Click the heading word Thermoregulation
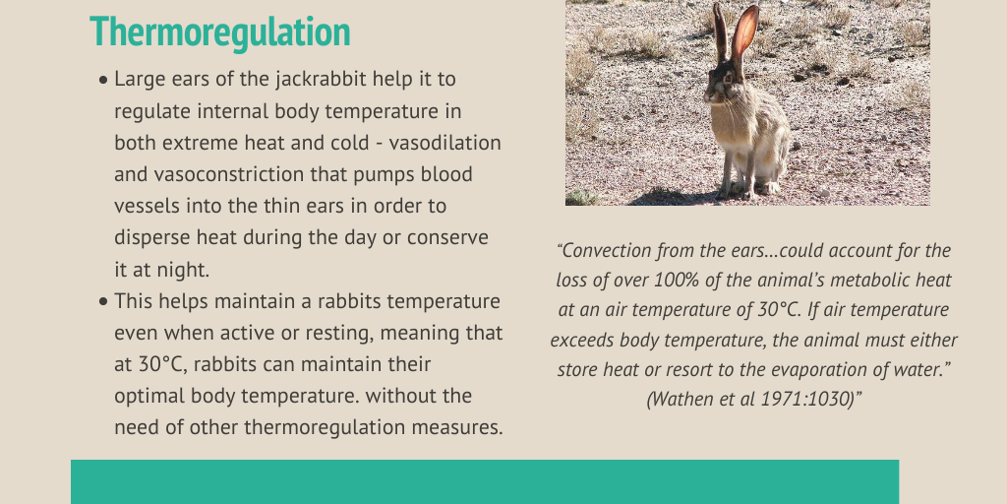pyautogui.click(x=220, y=32)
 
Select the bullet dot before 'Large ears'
pyautogui.click(x=104, y=81)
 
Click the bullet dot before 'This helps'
pyautogui.click(x=104, y=302)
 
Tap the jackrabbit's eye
pyautogui.click(x=729, y=79)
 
